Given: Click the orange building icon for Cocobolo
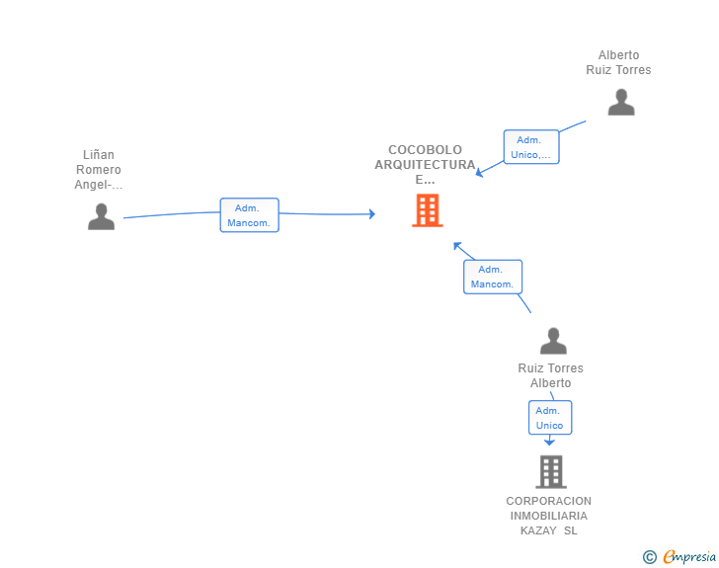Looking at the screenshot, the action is tap(428, 210).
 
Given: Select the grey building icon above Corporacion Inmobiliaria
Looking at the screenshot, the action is tap(551, 471).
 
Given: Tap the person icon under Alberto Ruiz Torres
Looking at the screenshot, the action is tap(621, 103).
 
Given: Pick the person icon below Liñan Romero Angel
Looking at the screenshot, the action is tap(102, 216).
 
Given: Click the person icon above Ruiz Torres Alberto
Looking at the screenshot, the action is tap(553, 341).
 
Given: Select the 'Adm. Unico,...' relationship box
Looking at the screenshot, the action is tap(531, 147).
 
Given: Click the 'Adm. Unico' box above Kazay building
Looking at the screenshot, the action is tap(550, 418).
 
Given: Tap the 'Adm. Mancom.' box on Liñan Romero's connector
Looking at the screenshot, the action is tap(250, 215).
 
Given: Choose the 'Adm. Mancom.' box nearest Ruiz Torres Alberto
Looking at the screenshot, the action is tap(493, 277).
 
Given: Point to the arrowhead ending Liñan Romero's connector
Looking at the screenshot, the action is tap(372, 213).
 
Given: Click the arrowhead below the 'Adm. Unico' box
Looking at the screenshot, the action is tap(549, 442).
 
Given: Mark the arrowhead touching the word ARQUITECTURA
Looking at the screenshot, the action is tap(480, 173).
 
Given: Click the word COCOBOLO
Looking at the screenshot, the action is tap(425, 149).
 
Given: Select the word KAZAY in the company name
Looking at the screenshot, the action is tap(538, 530).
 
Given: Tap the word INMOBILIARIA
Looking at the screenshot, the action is tap(549, 516).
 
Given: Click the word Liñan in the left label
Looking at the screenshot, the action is tap(99, 155).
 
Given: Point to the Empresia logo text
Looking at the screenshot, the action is tap(689, 556).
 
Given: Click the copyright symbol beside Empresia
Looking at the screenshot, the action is tap(650, 557).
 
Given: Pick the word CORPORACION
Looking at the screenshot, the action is tap(549, 501).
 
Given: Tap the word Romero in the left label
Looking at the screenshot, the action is tap(99, 169).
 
